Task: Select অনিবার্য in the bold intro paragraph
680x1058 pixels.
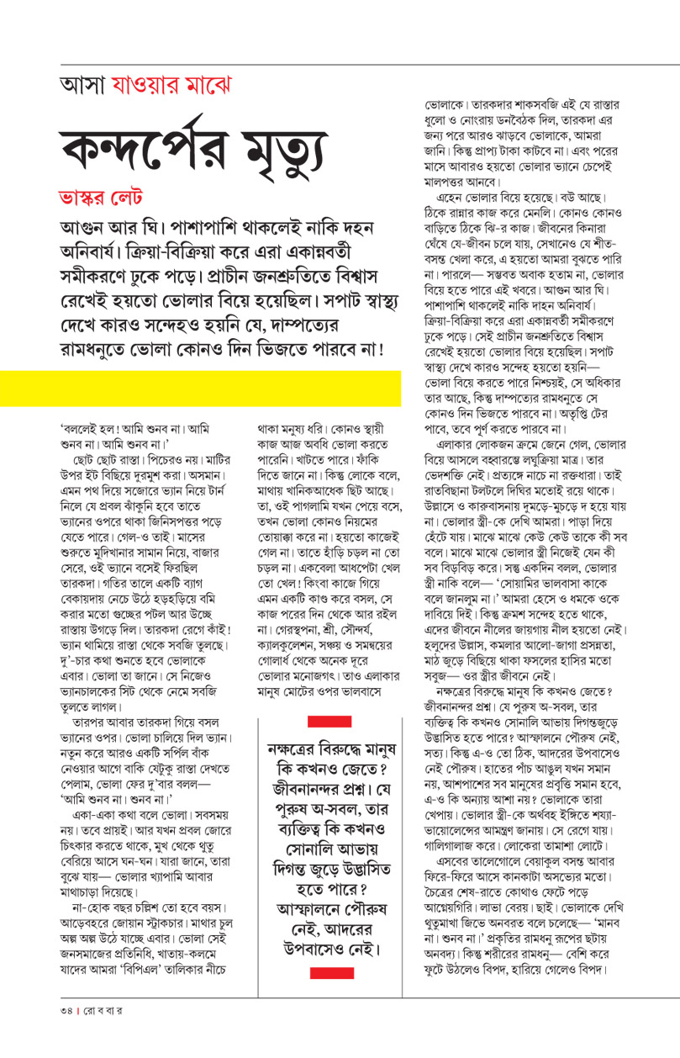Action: point(97,251)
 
